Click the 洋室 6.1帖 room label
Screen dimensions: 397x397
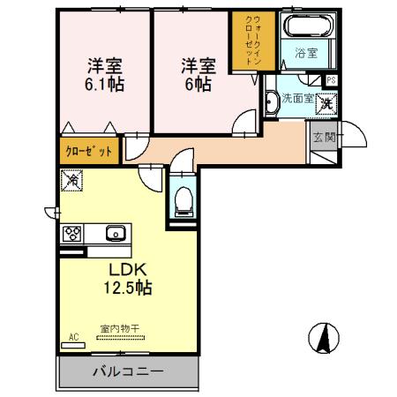[x=104, y=76]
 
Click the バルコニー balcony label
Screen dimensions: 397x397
[x=128, y=372]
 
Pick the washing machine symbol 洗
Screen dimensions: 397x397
[x=326, y=103]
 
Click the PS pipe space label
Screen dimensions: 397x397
[x=331, y=80]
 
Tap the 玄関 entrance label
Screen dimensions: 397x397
[x=323, y=137]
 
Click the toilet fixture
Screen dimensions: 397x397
[x=184, y=203]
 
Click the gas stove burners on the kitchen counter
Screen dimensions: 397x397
[x=72, y=235]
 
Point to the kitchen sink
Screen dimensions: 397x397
[x=114, y=234]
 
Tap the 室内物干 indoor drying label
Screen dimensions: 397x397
[x=118, y=329]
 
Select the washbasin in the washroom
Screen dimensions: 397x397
[x=272, y=104]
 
